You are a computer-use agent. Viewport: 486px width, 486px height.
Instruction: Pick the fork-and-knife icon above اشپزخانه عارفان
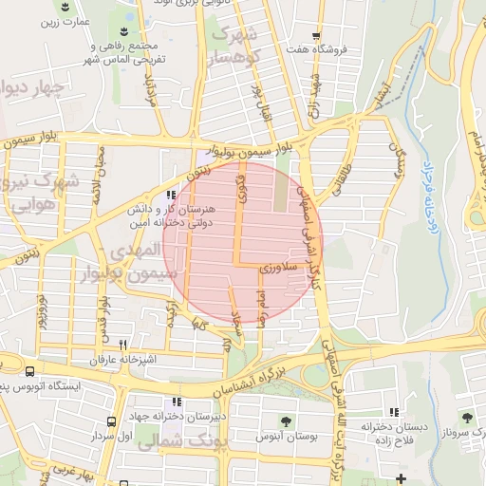click(x=122, y=346)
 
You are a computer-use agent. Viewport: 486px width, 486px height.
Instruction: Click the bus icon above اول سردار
click(x=112, y=421)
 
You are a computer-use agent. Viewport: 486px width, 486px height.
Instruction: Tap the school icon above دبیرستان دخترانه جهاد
click(x=176, y=402)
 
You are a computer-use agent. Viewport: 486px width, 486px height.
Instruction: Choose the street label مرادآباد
click(x=148, y=90)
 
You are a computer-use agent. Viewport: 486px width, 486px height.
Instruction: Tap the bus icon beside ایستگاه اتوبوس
click(x=31, y=373)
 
